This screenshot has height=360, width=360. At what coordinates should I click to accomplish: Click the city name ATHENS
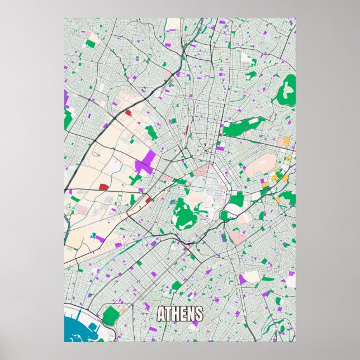(x=180, y=314)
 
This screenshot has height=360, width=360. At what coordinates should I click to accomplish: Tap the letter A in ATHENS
(x=162, y=314)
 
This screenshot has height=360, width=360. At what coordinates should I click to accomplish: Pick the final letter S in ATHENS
(x=198, y=314)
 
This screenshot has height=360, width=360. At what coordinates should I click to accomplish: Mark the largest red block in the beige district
(x=104, y=187)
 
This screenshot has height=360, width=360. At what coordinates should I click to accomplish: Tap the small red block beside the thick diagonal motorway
(x=128, y=113)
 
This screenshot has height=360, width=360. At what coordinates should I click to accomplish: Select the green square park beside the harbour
(x=111, y=315)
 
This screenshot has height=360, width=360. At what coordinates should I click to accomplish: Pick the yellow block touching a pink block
(x=286, y=141)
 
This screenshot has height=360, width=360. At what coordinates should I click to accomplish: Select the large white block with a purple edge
(x=252, y=276)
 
